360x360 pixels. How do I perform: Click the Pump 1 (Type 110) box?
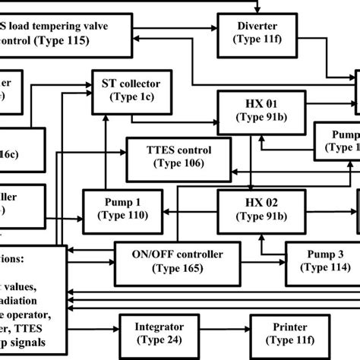point(123,207)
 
